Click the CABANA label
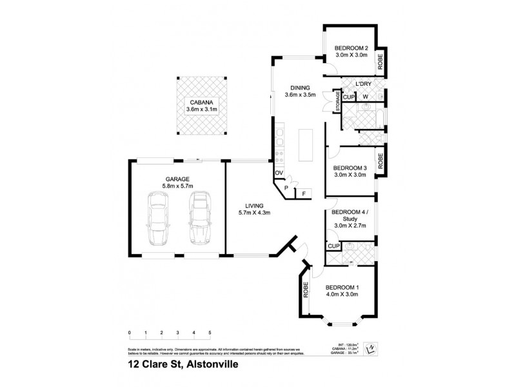tap(201, 102)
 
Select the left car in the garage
tap(157, 220)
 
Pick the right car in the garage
tap(199, 220)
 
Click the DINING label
tap(300, 88)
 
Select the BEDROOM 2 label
tap(351, 48)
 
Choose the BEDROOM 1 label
tap(342, 287)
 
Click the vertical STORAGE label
tap(337, 101)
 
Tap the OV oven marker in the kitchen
tap(279, 174)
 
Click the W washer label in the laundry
tap(365, 97)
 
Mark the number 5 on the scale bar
tap(210, 333)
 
